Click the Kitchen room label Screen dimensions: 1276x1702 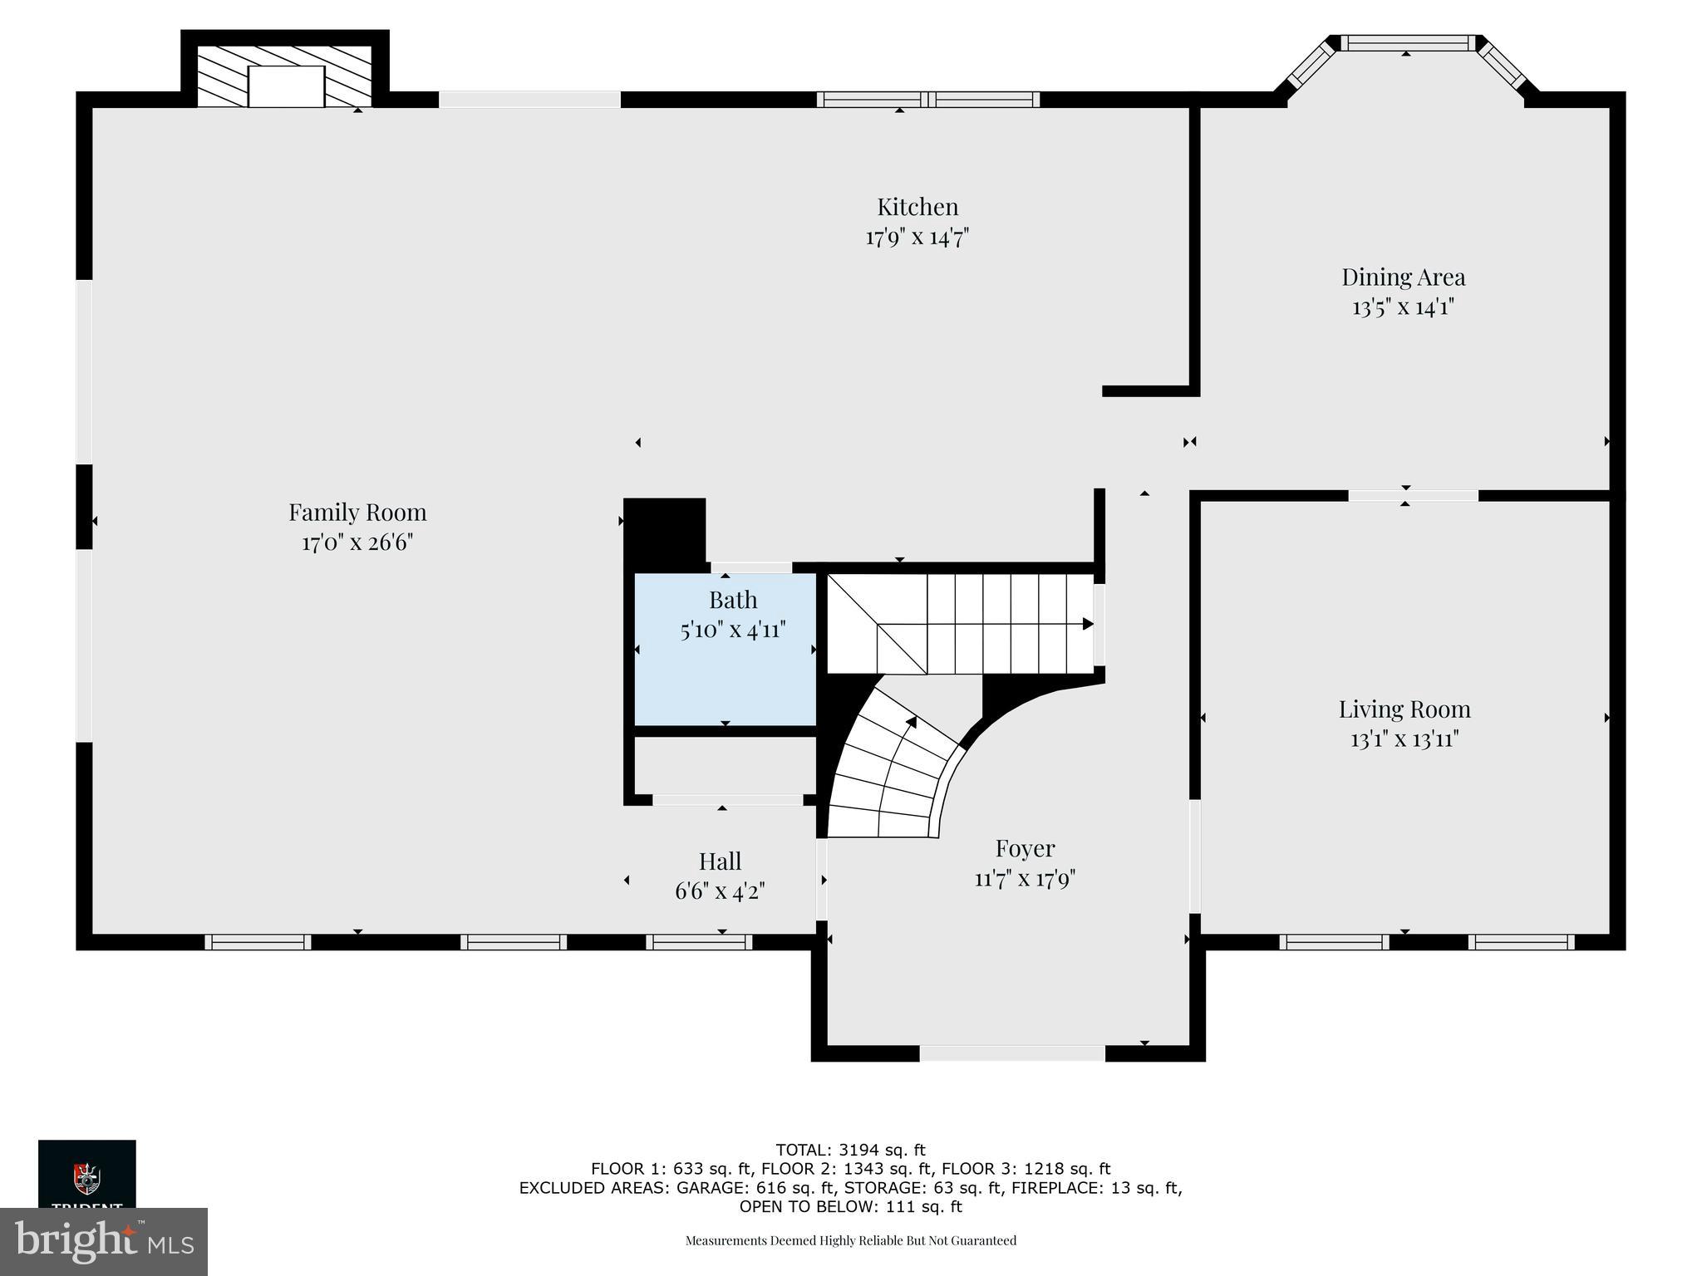(x=917, y=207)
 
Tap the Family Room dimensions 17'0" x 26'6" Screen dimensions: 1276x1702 (x=357, y=543)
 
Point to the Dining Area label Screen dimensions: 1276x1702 (x=1403, y=277)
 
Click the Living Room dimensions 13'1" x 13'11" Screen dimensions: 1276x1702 (x=1404, y=739)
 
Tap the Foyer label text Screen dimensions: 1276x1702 (x=1025, y=848)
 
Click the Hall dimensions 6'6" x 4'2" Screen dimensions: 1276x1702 (x=720, y=892)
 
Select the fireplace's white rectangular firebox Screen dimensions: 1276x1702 (x=286, y=86)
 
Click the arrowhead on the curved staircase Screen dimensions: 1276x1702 (x=912, y=722)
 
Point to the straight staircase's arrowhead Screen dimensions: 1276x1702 (x=1087, y=624)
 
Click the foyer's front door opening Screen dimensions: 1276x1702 (x=1011, y=1053)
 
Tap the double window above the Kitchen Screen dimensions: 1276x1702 (x=927, y=100)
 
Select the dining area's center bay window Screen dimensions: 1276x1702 (x=1407, y=43)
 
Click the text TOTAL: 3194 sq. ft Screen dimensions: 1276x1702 (x=850, y=1151)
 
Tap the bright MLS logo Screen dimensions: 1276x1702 (x=104, y=1241)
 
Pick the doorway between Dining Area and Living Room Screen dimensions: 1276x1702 (x=1413, y=496)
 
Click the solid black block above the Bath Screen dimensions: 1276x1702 (x=664, y=530)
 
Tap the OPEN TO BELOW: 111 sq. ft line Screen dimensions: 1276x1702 (x=850, y=1206)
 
